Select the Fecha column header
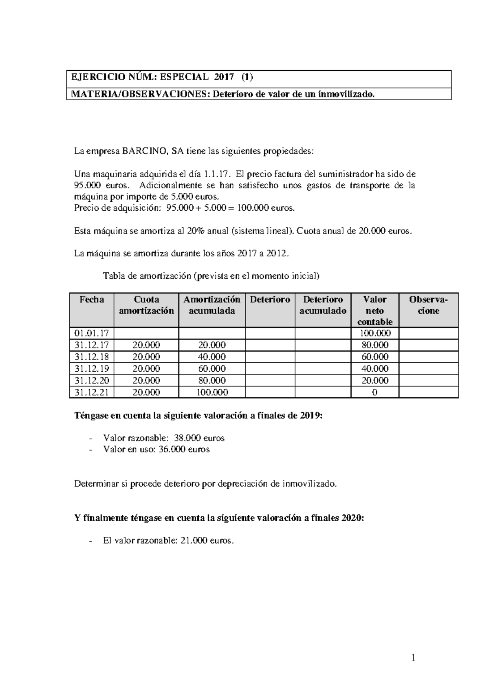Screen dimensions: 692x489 (x=92, y=300)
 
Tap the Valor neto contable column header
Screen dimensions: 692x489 (x=374, y=311)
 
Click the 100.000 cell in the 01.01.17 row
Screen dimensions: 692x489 (x=374, y=333)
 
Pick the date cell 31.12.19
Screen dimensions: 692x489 (x=92, y=368)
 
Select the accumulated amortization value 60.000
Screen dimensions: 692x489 (x=211, y=368)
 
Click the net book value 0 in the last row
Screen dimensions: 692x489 (x=374, y=392)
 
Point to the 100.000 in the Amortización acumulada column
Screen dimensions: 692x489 (x=211, y=392)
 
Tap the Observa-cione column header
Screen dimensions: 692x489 (x=428, y=305)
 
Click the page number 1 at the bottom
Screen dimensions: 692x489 (x=414, y=657)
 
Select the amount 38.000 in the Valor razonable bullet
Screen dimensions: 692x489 (x=187, y=438)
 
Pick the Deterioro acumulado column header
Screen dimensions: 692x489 (x=323, y=305)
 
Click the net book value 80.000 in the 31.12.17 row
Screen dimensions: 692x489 (x=374, y=345)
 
